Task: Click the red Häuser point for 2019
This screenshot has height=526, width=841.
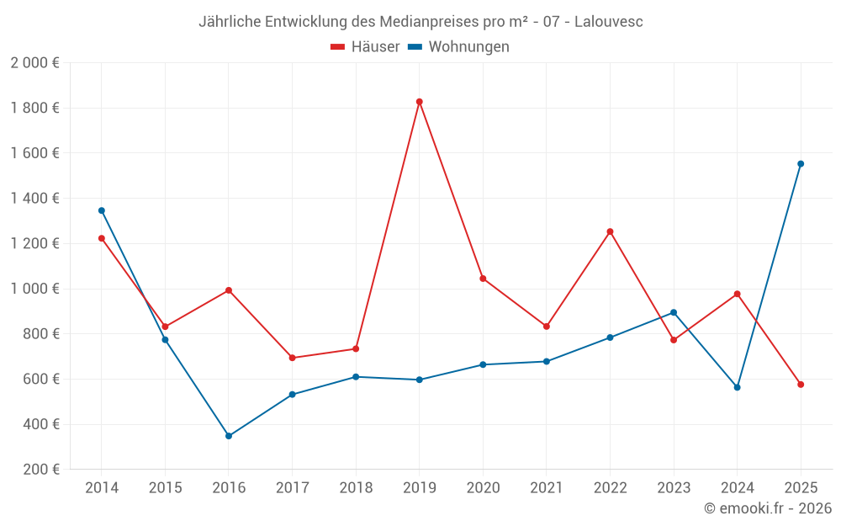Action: pos(419,102)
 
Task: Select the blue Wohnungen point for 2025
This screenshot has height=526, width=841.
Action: pos(801,164)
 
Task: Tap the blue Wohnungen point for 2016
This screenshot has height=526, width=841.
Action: pos(229,436)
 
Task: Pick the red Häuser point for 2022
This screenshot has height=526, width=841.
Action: pos(610,231)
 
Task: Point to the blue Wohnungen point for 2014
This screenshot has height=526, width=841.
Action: pos(102,210)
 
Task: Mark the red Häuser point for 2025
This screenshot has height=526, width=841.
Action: pos(801,385)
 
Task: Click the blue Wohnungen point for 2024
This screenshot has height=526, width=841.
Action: pos(737,387)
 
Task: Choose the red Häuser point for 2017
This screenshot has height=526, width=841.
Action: pos(292,358)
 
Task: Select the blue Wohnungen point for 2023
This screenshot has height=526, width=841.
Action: pos(674,312)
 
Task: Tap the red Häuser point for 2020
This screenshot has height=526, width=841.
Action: pos(483,279)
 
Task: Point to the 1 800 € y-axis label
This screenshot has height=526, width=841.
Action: pos(34,108)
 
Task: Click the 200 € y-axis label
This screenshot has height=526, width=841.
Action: pos(41,470)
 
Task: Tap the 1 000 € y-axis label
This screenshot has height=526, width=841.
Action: pos(34,289)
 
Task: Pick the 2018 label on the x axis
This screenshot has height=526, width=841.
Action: pos(356,488)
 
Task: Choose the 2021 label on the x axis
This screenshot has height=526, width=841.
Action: pos(546,488)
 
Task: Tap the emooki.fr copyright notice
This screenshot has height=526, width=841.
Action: pos(767,508)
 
